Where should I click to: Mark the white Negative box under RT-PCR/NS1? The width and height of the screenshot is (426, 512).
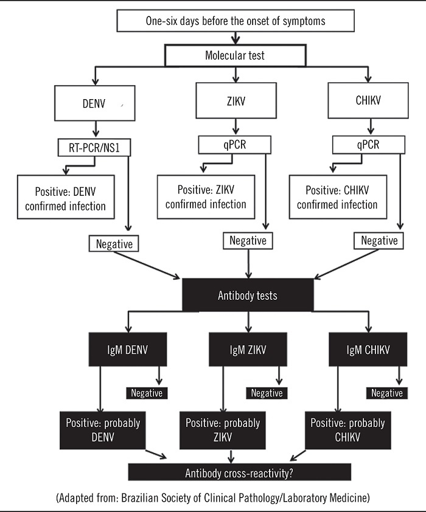(114, 243)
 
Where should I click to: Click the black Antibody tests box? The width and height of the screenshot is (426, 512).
(248, 296)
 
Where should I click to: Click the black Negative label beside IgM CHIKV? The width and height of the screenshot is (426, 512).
(387, 393)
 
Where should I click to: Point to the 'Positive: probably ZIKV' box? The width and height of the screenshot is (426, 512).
(223, 431)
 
